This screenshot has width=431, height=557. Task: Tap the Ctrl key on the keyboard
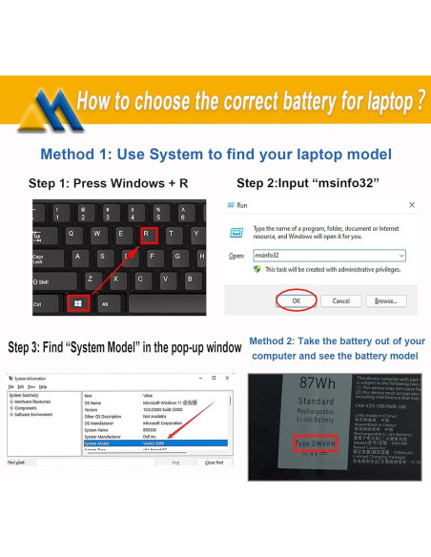click(43, 303)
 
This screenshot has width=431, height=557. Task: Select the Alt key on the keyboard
click(106, 303)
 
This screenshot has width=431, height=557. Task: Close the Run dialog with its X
click(411, 205)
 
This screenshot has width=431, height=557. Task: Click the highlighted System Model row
click(143, 443)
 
